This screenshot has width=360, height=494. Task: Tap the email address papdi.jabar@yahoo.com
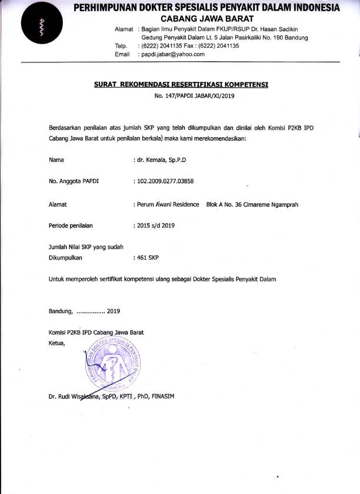[171, 54]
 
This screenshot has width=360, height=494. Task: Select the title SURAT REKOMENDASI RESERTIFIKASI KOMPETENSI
[181, 85]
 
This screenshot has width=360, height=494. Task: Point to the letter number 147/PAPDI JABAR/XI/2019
[194, 96]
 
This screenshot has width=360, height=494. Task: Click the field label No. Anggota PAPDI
[74, 181]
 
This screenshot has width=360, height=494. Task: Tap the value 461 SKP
[152, 257]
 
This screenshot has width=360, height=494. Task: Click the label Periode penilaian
[71, 225]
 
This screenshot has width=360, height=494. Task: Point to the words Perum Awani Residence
[169, 205]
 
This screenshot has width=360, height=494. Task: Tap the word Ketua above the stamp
[58, 343]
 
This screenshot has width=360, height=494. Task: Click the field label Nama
[56, 160]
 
